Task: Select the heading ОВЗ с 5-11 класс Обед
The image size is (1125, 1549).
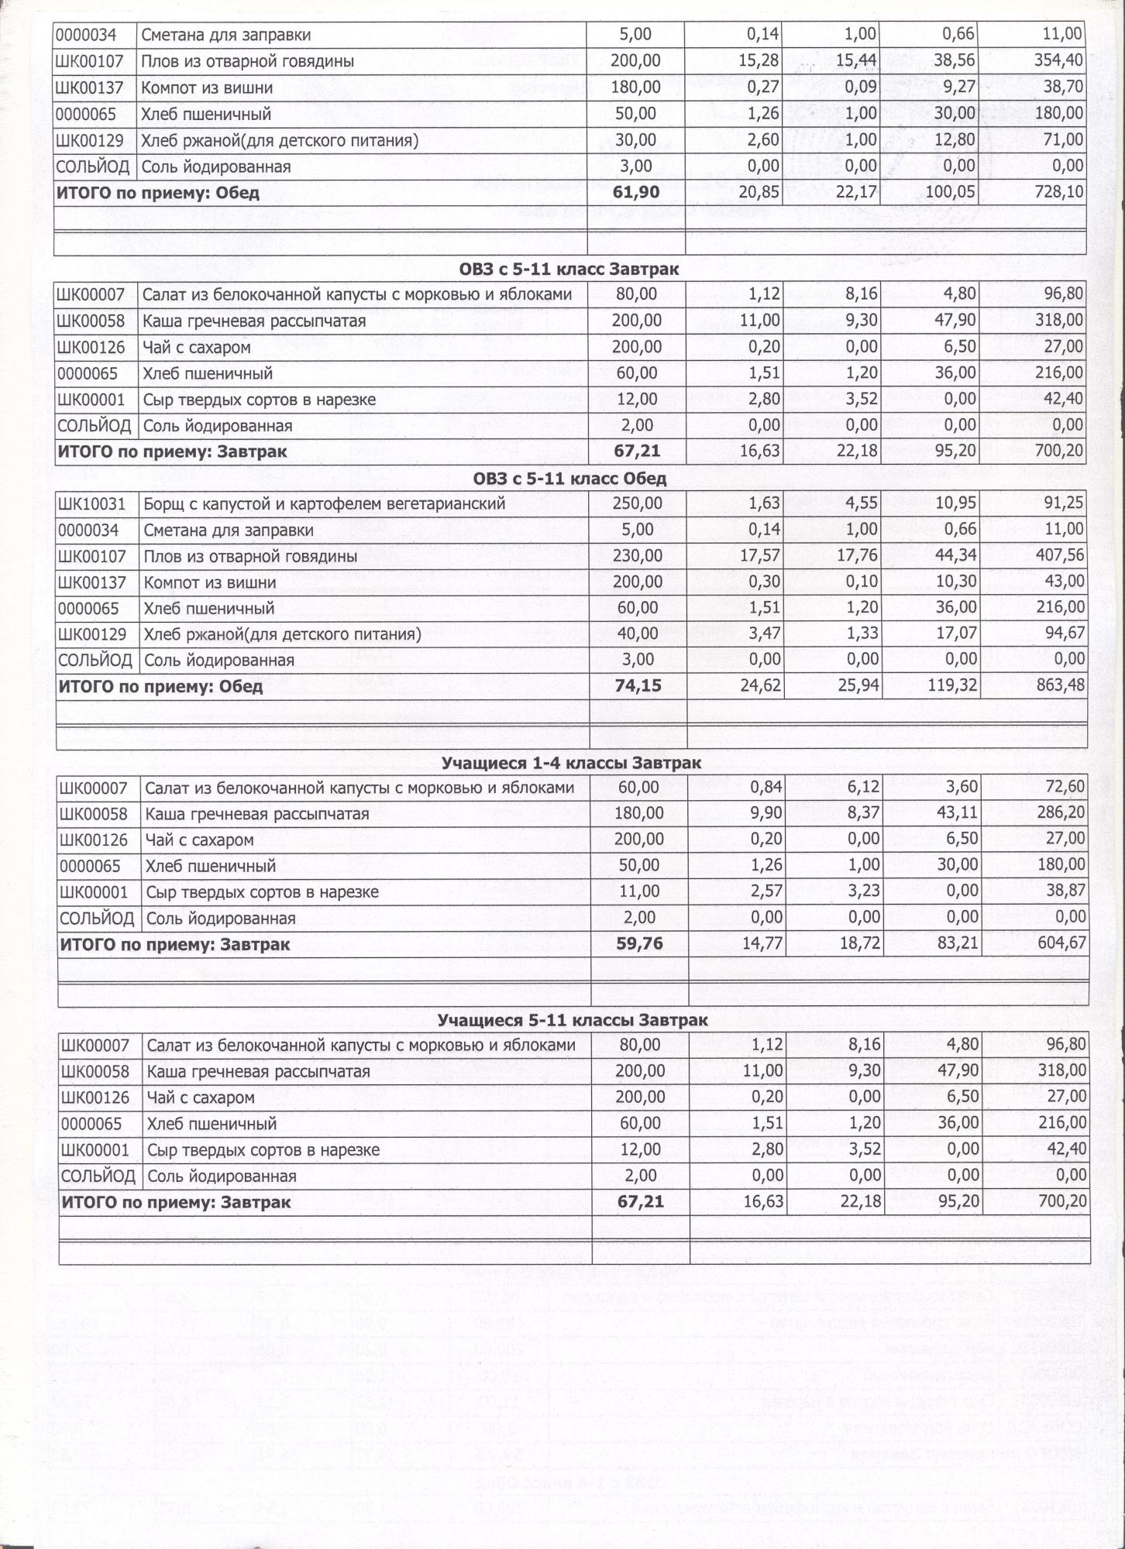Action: (x=569, y=479)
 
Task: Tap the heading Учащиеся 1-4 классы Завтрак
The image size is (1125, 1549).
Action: (x=571, y=763)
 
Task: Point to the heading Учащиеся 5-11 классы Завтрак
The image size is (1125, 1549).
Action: (x=573, y=1021)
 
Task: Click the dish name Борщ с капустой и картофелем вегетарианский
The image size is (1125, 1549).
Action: (x=324, y=504)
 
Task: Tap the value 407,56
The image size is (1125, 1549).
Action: (x=1060, y=556)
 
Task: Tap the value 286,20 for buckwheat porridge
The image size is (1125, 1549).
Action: (x=1061, y=814)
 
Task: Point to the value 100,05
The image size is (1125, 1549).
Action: (x=951, y=192)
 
